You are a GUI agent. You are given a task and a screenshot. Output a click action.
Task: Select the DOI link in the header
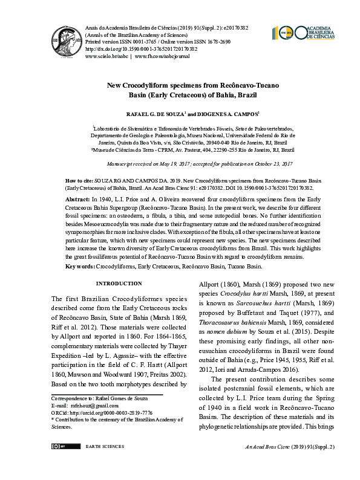[x=128, y=48]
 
